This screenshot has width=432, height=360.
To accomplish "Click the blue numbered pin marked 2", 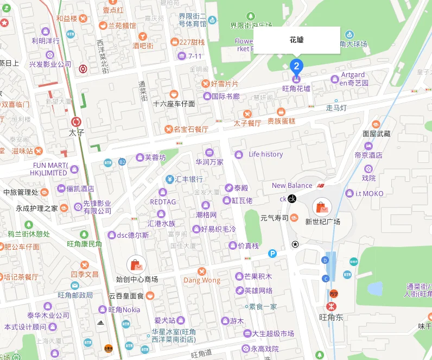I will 296,66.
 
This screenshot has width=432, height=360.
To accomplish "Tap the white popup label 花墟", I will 296,40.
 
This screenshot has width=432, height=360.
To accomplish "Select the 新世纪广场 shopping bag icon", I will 322,207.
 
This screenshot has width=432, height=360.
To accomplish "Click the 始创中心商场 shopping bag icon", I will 136,265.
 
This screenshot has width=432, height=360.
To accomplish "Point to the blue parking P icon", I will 272,253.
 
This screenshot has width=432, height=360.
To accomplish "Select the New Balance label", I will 292,186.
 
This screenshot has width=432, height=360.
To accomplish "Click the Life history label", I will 265,154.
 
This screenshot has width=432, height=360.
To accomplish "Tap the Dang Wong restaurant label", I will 202,280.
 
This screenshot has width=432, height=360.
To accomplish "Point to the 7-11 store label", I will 194,56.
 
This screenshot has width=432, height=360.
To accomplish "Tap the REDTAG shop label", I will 163,201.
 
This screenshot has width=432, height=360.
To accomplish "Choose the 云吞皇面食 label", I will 126,296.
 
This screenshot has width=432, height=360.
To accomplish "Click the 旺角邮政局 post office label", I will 75,295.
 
